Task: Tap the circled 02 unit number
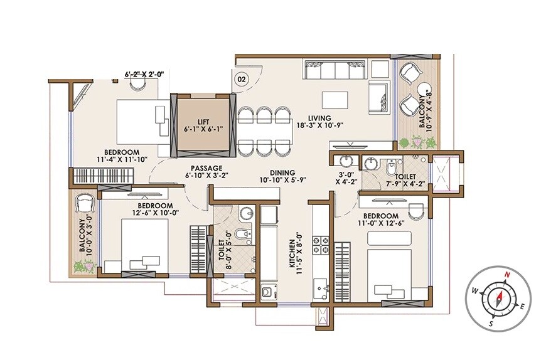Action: coord(241,79)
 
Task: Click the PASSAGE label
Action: coord(206,169)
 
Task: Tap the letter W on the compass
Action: coord(475,290)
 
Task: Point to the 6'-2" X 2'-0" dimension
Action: coord(144,74)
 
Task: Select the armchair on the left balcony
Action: coord(85,204)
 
